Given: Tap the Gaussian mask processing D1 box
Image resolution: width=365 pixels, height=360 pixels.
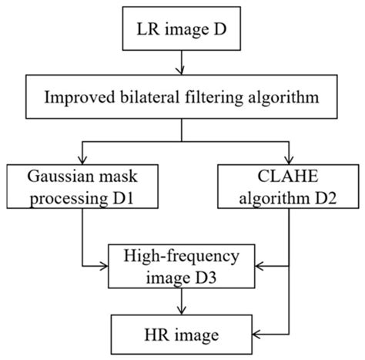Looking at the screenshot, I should click(x=82, y=184).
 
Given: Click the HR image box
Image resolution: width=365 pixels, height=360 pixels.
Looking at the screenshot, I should click(x=183, y=335).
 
